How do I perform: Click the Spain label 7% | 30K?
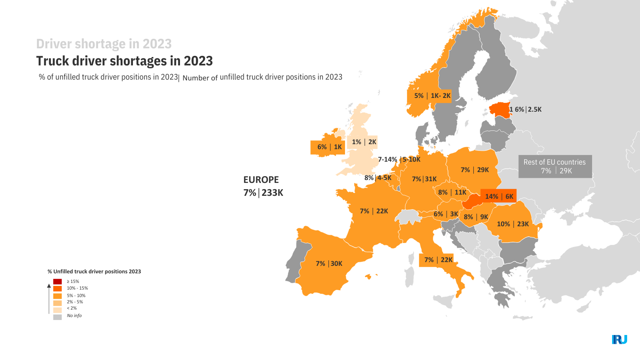coord(329,263)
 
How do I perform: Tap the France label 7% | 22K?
coord(374,211)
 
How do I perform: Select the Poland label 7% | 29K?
coord(475,170)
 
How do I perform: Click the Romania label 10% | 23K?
coord(512,224)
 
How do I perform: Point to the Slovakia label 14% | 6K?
coord(499,196)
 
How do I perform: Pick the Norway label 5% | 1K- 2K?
coord(432,96)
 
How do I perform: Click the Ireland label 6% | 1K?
coord(329,147)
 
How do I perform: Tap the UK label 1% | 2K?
coord(364,142)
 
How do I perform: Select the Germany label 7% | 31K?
coord(424,179)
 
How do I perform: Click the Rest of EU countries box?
coord(555,167)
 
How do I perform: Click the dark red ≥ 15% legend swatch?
coord(57,282)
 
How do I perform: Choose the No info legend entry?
coord(74,316)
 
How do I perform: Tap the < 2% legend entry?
coord(71,308)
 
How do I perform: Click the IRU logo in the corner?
coord(619,340)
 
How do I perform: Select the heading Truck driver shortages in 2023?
coord(124,61)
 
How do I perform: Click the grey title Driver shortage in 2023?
coord(104,44)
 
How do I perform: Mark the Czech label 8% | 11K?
coord(452,192)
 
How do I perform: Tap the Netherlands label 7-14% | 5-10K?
coord(399,160)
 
